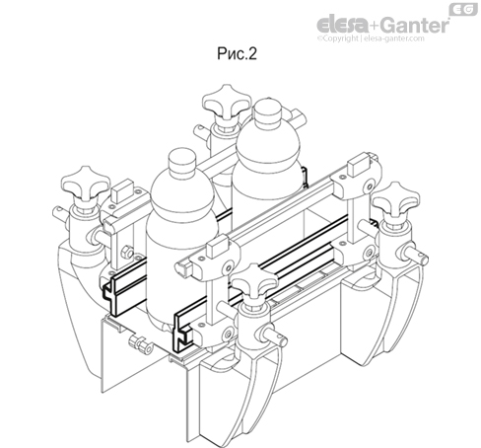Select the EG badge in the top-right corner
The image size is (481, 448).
(460, 9)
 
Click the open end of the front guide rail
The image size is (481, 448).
(183, 327)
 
